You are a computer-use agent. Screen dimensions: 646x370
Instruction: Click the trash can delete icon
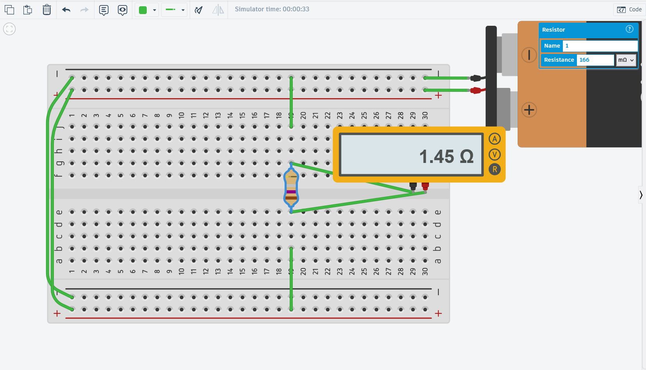point(47,10)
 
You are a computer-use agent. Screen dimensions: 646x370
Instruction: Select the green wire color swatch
point(143,10)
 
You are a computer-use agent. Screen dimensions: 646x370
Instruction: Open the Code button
point(629,9)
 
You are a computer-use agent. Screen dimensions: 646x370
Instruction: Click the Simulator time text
point(272,9)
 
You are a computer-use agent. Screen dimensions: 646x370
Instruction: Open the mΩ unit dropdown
point(626,60)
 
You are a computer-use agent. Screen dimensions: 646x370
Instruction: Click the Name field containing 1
point(600,46)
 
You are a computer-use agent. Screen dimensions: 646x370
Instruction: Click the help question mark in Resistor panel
point(629,29)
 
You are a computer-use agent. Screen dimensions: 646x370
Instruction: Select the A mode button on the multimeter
point(495,139)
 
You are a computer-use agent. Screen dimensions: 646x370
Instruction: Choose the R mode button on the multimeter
point(495,170)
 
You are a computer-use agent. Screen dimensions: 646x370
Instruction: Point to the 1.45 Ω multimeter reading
point(446,156)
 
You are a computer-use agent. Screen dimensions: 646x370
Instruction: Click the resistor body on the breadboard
point(291,188)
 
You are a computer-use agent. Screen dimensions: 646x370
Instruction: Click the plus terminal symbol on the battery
point(529,110)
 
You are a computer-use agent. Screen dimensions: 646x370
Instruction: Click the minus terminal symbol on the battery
point(529,55)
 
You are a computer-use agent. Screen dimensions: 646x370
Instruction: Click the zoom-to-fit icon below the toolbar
point(9,29)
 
